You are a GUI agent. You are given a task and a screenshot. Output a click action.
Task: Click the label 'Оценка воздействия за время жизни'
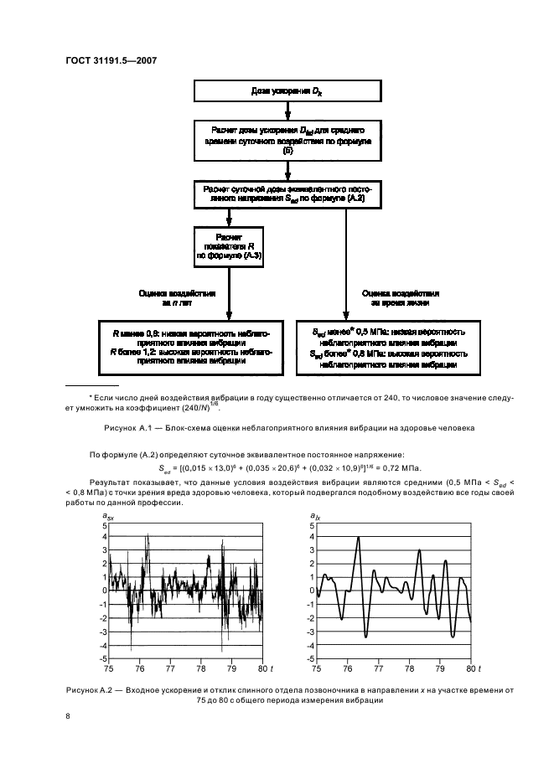pos(400,299)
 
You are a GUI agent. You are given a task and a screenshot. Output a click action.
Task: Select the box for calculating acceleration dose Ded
pos(288,142)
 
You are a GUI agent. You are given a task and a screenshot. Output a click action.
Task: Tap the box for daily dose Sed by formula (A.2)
pos(288,195)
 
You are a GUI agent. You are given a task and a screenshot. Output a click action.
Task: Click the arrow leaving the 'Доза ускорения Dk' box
pos(288,110)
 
